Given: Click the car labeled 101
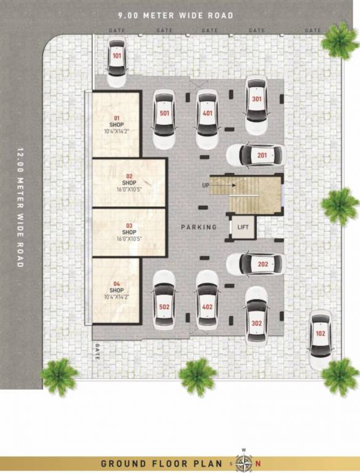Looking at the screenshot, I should (117, 62).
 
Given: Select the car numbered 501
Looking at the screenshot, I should (164, 119).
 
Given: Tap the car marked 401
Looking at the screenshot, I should (208, 119).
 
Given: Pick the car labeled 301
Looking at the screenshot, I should (257, 105).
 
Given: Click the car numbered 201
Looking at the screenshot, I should (255, 155).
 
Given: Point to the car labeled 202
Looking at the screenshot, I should (255, 264).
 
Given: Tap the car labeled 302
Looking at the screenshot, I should (257, 315).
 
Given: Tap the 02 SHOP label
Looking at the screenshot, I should (129, 183).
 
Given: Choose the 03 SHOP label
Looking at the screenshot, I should (129, 232).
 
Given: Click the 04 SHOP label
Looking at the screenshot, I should (116, 290).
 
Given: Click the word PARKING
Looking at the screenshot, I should (199, 227).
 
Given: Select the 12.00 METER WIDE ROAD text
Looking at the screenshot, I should (20, 206).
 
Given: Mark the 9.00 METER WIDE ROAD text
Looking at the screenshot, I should (176, 15).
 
